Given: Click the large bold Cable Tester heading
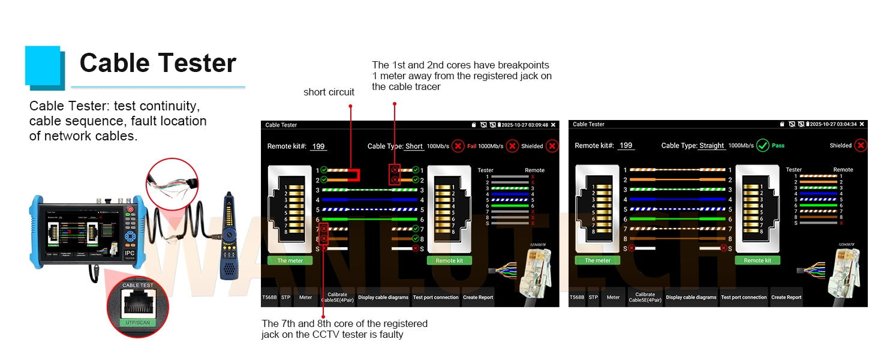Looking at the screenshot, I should coord(158,63).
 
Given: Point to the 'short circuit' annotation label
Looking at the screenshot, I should coord(329,92).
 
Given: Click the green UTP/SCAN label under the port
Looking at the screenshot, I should coord(137,323).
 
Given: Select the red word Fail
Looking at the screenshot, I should coord(472,146).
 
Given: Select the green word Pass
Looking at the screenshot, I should coord(778,146).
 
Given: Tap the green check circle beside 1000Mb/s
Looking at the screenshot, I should coord(762,145).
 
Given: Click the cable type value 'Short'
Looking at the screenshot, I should coord(414,146).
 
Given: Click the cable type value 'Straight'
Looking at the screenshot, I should coord(712,146).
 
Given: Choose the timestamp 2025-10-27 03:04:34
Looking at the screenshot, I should coord(833,124).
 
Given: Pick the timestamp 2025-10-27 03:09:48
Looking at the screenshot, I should coord(525,125).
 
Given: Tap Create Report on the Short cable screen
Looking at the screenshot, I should coord(478,297).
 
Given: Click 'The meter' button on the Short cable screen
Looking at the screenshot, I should coord(290,260).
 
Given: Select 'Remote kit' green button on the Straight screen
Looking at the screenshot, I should coord(757,260).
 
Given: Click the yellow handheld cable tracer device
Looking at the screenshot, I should coord(229,234).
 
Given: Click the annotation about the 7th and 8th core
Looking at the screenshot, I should coord(344,329).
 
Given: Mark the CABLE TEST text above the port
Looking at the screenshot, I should coord(138,286).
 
